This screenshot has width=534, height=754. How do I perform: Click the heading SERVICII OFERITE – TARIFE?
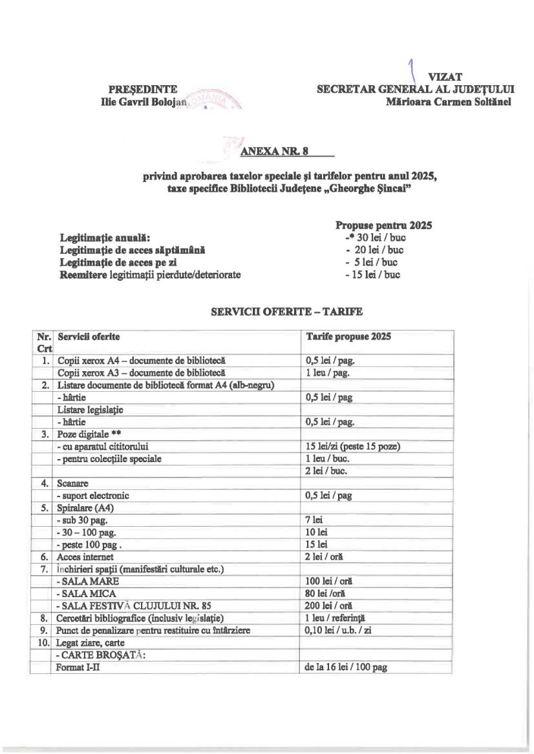pyautogui.click(x=287, y=312)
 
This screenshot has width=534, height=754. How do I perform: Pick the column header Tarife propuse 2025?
pyautogui.click(x=348, y=337)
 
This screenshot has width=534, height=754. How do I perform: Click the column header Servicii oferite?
pyautogui.click(x=89, y=337)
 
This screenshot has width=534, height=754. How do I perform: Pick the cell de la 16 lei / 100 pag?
pyautogui.click(x=345, y=667)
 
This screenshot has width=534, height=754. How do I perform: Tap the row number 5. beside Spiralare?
pyautogui.click(x=45, y=507)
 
